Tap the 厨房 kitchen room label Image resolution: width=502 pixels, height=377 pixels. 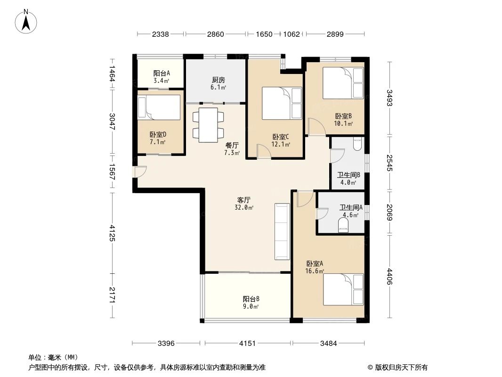[218, 80]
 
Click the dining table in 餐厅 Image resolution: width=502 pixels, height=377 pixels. [208, 125]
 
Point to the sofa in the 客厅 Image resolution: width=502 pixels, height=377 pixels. [282, 231]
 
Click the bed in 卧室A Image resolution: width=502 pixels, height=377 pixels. [343, 289]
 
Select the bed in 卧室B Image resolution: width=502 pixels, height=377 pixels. [343, 83]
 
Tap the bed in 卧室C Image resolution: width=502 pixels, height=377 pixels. [282, 103]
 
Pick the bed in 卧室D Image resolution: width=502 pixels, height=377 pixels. [159, 107]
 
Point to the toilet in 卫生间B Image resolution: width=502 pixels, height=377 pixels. [356, 143]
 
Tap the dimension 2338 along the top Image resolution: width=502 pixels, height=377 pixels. [161, 34]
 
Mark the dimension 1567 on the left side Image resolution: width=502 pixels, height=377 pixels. [112, 172]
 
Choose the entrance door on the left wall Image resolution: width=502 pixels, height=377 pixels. [137, 172]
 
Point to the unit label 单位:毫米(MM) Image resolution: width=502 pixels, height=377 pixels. [53, 357]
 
